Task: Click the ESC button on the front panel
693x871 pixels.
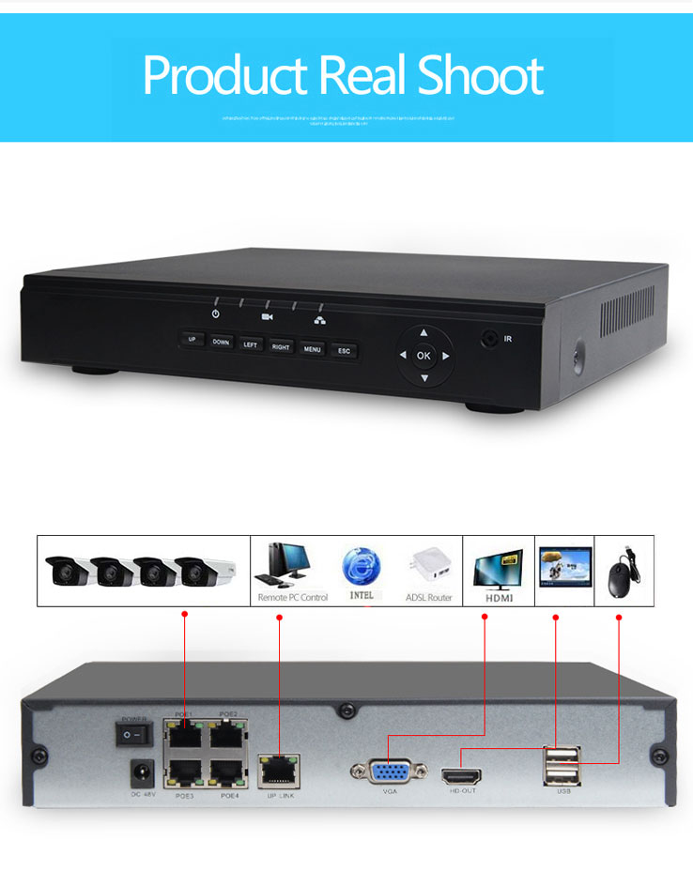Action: [344, 351]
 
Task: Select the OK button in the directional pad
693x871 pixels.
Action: [423, 356]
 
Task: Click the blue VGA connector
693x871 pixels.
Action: [390, 772]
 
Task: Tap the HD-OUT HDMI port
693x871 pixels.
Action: [462, 776]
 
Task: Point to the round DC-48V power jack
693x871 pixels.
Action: [142, 772]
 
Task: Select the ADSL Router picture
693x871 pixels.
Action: [427, 566]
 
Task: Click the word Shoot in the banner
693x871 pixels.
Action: [480, 77]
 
